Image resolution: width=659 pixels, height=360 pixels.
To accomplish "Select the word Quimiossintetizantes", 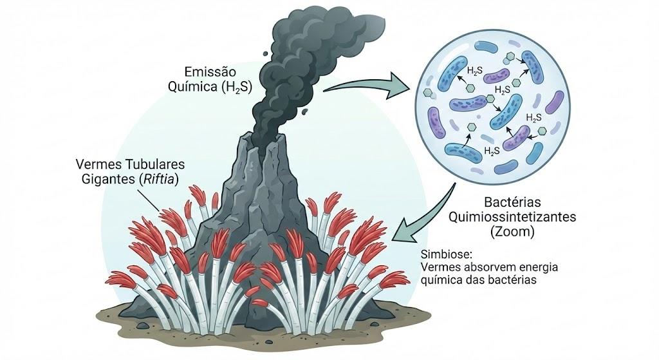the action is pos(512,217).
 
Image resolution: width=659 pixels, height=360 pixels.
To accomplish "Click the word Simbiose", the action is pos(447,254).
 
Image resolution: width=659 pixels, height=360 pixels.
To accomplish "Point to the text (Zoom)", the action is pos(512,232).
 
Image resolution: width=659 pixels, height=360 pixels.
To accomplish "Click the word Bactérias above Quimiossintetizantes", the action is pos(512,202).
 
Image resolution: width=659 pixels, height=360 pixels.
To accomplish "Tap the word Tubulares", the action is pos(159,164).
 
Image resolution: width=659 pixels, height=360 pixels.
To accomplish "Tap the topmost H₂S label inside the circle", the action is pos(474,72).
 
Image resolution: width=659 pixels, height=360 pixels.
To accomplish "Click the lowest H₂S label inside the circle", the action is pos(492,151).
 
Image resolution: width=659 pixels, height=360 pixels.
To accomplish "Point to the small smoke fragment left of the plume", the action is pos(265,53).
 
